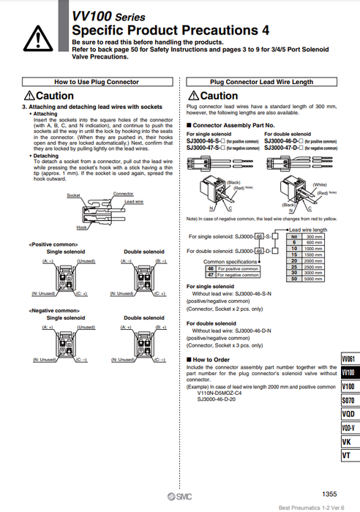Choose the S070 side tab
pos(348,400)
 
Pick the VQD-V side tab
pos(348,428)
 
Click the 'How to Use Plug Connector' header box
pos(97,83)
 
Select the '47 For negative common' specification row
pos(233,274)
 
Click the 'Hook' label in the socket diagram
pos(82,227)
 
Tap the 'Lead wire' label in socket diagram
pos(134,200)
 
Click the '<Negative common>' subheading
pos(53,310)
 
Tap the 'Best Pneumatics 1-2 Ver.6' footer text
pos(315,507)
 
